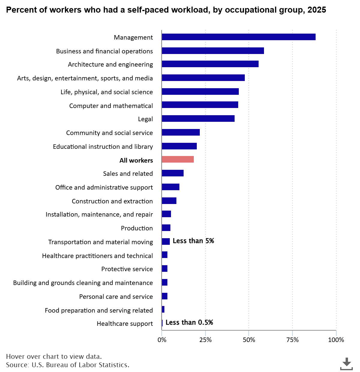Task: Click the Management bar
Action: [238, 37]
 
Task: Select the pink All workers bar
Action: [178, 159]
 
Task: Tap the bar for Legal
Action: [198, 118]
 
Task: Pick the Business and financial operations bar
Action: [213, 51]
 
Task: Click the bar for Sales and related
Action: [172, 173]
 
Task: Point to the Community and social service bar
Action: [181, 132]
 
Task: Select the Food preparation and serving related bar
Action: [163, 309]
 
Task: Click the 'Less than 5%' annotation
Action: [193, 241]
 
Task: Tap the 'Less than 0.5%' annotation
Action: [189, 322]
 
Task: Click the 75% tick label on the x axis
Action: [292, 340]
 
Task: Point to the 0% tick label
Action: [162, 340]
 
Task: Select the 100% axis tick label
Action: [336, 340]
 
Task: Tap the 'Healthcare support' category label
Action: [124, 324]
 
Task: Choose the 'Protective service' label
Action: [127, 269]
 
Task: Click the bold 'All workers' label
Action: [136, 160]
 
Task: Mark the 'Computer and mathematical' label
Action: [111, 106]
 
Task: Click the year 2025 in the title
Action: [317, 10]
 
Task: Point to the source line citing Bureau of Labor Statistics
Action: [67, 365]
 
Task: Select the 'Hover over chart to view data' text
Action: [54, 356]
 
